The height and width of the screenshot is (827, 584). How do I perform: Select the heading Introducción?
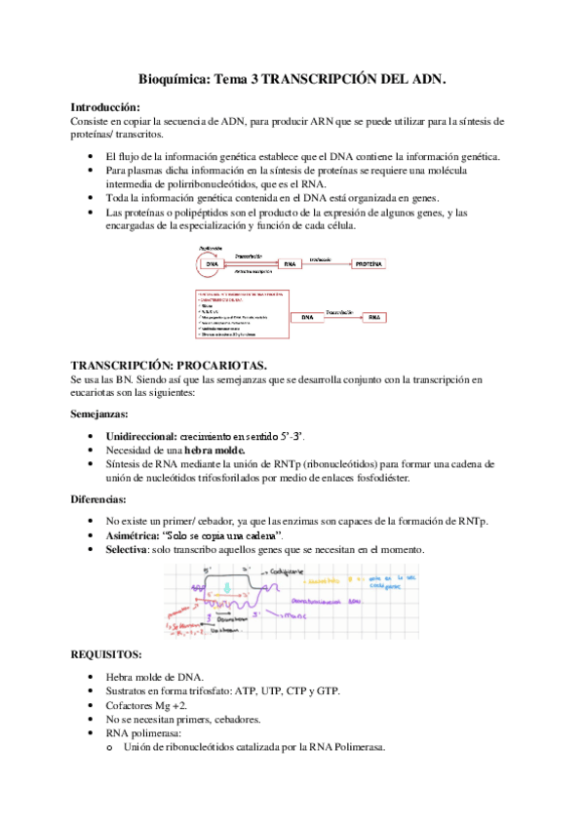[105, 106]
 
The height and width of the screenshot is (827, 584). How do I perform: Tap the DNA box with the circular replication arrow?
[211, 264]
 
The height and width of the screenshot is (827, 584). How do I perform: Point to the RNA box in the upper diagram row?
[289, 264]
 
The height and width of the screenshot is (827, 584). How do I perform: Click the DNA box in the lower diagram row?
[308, 317]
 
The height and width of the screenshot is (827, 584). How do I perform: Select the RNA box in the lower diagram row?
[374, 317]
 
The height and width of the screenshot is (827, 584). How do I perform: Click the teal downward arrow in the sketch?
[225, 588]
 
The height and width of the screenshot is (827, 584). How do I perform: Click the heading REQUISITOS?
[106, 653]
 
